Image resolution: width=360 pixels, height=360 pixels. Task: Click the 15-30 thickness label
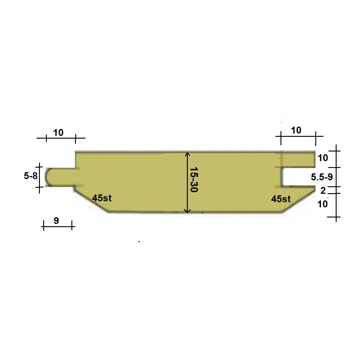pos(194,179)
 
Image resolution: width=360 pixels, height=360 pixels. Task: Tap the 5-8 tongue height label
pos(31,176)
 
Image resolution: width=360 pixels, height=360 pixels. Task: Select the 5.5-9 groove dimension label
pos(322,177)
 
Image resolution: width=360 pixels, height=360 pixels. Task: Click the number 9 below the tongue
pos(56,220)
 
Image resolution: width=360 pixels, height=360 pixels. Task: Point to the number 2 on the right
pos(323,190)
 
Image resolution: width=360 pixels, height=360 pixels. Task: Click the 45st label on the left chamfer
pos(102,198)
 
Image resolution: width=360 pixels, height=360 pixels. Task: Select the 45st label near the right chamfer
pos(281,199)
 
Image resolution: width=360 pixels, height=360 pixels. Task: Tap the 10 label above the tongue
pos(58,133)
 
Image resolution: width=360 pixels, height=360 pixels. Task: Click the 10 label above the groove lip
pos(296,130)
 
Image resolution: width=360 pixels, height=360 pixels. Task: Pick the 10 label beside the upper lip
pos(323,158)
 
